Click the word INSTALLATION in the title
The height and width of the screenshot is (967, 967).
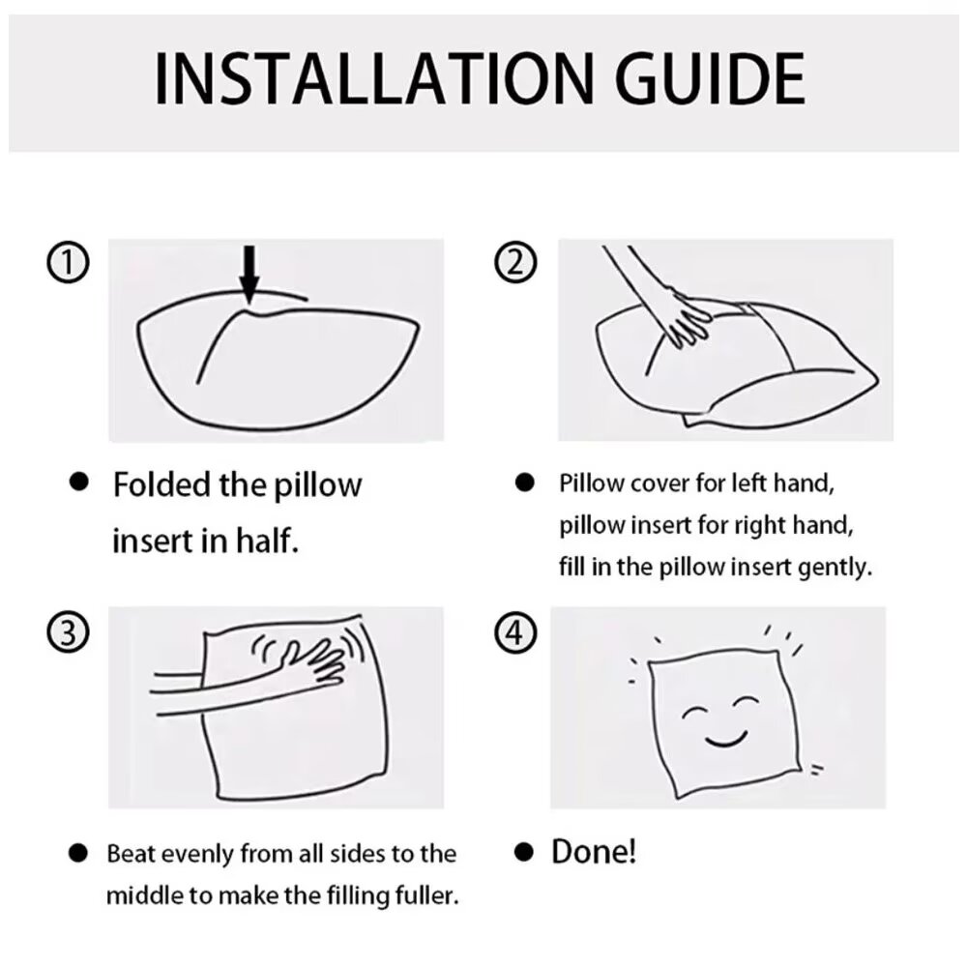(x=373, y=79)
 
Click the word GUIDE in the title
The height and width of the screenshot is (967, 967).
(x=711, y=79)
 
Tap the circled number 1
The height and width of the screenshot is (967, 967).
(x=68, y=262)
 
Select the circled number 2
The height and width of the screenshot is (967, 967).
(x=516, y=262)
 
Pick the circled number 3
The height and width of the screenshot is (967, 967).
(x=68, y=632)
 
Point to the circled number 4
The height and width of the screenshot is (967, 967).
(x=516, y=632)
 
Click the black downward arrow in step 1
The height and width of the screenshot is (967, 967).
(x=249, y=275)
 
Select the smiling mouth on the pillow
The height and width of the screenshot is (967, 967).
(x=726, y=739)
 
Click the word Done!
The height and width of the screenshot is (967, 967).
(x=594, y=852)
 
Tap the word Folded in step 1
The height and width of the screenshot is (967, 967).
(x=161, y=484)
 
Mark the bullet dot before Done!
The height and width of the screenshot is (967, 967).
(x=523, y=853)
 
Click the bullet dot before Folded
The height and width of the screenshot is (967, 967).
(x=79, y=482)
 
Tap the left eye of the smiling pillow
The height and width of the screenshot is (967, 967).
(x=695, y=713)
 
